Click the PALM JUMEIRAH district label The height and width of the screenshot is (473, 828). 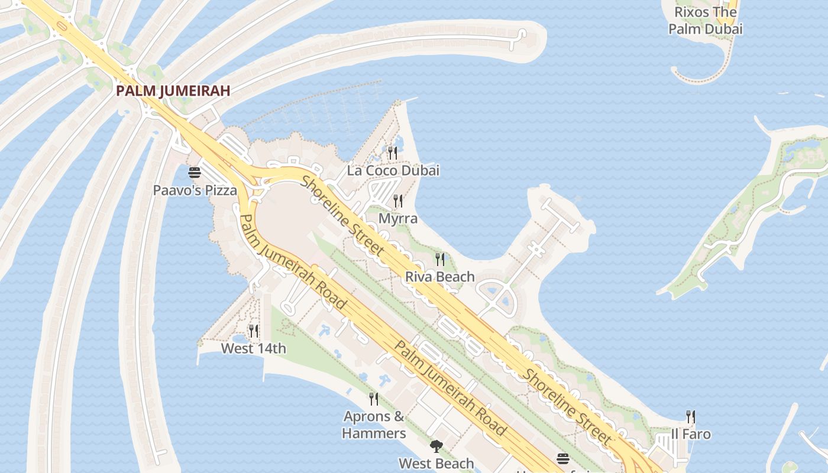(173, 91)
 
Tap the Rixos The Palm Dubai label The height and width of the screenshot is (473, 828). (706, 20)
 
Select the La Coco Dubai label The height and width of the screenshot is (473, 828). (393, 171)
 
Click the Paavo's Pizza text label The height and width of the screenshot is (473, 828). (195, 190)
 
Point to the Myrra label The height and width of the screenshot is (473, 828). (398, 219)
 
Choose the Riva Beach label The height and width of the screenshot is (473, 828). (440, 277)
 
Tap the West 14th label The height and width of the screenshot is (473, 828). (254, 349)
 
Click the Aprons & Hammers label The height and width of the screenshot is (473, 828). (374, 425)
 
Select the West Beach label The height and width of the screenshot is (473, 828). (436, 464)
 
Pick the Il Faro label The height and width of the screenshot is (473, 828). (691, 434)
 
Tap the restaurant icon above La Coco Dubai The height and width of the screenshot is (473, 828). (393, 153)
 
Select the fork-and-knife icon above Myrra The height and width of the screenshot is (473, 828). (398, 201)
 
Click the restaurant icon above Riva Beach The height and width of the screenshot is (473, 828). (440, 259)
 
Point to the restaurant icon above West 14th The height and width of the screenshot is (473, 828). (254, 331)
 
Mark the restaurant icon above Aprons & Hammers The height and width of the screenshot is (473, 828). (374, 399)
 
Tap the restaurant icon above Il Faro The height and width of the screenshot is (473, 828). (690, 417)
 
